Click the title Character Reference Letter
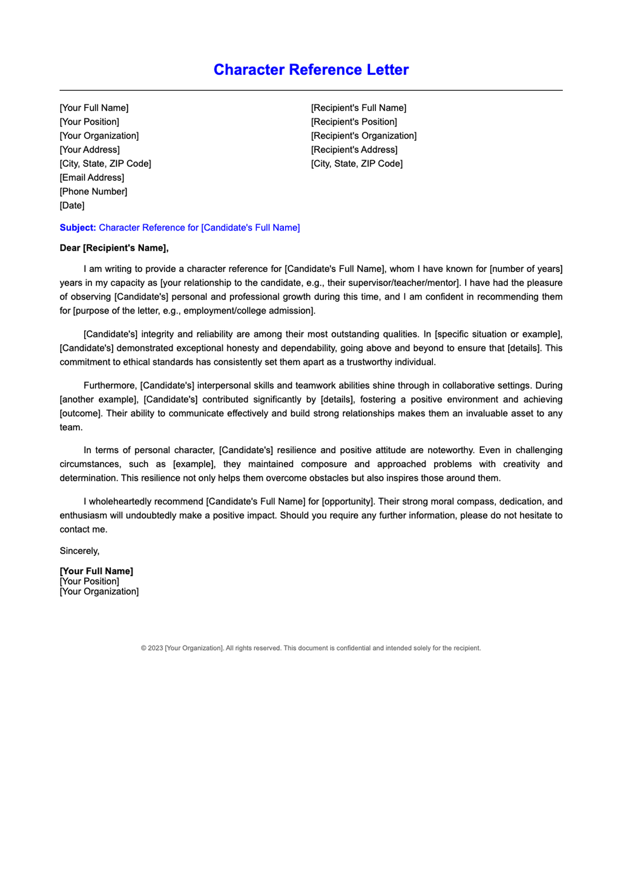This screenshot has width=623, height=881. tap(311, 70)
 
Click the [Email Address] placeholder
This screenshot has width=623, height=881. tap(92, 178)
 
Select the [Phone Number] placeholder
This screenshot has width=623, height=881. tap(93, 192)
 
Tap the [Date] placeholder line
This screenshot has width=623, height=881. tap(72, 206)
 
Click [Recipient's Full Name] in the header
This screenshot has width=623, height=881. tap(359, 108)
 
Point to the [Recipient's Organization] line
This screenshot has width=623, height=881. tap(364, 136)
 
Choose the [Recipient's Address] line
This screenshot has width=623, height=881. tap(354, 150)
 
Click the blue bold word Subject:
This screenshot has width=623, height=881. tap(78, 228)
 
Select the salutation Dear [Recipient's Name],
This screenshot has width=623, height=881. tap(114, 248)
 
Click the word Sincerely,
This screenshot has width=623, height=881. tap(79, 551)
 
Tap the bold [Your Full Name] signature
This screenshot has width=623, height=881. tap(97, 571)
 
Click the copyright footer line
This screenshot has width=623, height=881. tap(311, 648)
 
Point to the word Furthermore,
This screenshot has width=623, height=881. tap(110, 386)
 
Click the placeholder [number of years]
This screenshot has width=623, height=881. tap(526, 269)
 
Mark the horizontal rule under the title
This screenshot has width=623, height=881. tap(311, 90)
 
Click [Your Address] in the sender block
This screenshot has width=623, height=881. tap(90, 150)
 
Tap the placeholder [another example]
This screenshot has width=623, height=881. tap(99, 400)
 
